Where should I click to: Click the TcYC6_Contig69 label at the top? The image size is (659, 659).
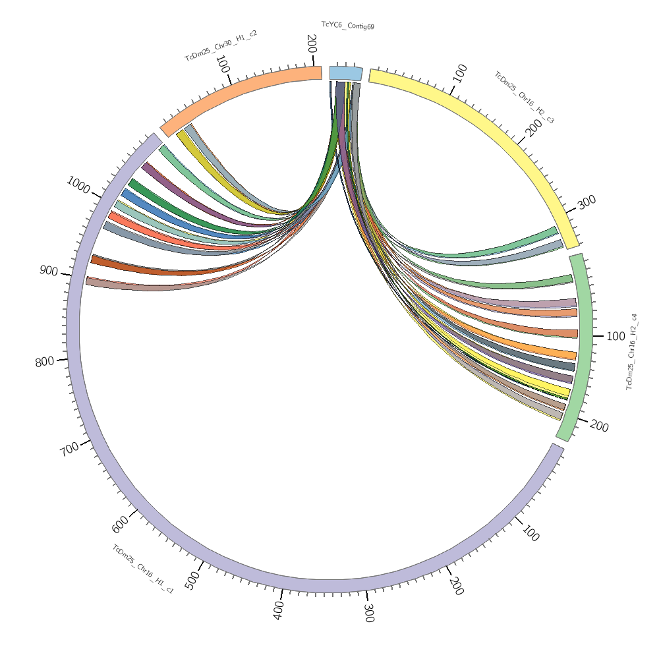(347, 26)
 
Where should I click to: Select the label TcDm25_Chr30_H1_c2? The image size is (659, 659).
(221, 45)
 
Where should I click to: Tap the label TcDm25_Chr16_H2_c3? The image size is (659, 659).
(525, 98)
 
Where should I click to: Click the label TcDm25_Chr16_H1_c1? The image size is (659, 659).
(143, 569)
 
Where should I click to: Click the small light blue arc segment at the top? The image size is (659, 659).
(346, 72)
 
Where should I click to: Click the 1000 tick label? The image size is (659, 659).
(78, 185)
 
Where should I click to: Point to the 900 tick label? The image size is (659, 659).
(49, 270)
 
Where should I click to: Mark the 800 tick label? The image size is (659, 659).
(45, 361)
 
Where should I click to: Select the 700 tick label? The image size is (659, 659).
(69, 450)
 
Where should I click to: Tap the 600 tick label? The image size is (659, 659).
(121, 524)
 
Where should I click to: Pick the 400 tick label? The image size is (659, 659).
(279, 611)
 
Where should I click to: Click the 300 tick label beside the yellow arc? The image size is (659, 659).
(587, 201)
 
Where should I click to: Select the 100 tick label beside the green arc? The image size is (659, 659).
(616, 336)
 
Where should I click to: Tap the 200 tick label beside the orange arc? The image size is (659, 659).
(312, 44)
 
